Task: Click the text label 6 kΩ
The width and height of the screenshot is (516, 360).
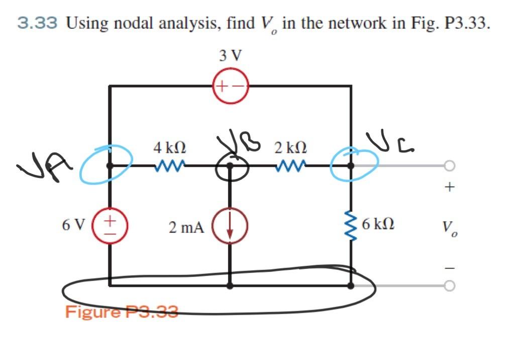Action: pos(377,225)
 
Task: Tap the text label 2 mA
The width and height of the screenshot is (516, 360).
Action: pos(186,228)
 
